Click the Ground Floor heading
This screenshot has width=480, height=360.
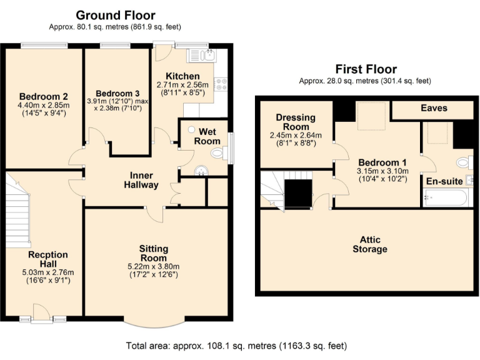(x=116, y=15)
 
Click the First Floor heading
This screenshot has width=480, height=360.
(x=366, y=69)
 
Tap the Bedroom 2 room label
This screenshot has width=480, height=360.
(x=44, y=96)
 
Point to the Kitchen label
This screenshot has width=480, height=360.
(x=178, y=76)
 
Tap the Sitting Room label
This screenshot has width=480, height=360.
(x=153, y=253)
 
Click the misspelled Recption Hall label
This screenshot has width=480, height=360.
(x=48, y=259)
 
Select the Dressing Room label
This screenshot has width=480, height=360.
(x=296, y=122)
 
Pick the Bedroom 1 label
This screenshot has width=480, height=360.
(x=382, y=162)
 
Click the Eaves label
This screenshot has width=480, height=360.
(x=434, y=108)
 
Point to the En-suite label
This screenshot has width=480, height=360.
(x=444, y=181)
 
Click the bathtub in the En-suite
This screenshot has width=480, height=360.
(x=444, y=199)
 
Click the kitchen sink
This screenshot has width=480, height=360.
(x=206, y=56)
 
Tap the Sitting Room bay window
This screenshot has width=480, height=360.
(x=153, y=325)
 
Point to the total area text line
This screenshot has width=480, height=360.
(x=236, y=346)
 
